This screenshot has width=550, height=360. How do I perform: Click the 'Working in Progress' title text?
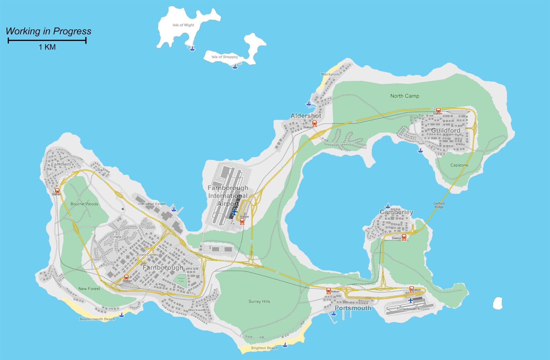pyautogui.click(x=48, y=31)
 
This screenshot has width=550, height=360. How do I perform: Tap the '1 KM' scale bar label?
pyautogui.click(x=47, y=47)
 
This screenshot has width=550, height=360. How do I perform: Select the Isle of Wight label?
pyautogui.click(x=183, y=25)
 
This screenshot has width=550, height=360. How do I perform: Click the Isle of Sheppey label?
pyautogui.click(x=225, y=57)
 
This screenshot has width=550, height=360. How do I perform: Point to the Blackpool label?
pyautogui.click(x=329, y=74)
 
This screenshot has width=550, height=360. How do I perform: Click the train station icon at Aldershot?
pyautogui.click(x=315, y=124)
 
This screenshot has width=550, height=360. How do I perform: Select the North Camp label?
pyautogui.click(x=404, y=96)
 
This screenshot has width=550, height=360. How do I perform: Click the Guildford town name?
pyautogui.click(x=445, y=131)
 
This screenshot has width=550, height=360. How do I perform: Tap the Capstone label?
pyautogui.click(x=459, y=165)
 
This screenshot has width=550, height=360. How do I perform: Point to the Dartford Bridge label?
pyautogui.click(x=439, y=205)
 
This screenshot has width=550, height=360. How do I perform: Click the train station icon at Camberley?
pyautogui.click(x=404, y=237)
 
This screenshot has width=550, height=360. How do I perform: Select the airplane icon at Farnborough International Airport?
pyautogui.click(x=234, y=212)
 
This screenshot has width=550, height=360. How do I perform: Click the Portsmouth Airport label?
pyautogui.click(x=413, y=309)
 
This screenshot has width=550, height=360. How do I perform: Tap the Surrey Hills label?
pyautogui.click(x=259, y=301)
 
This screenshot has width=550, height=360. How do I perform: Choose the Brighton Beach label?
pyautogui.click(x=264, y=348)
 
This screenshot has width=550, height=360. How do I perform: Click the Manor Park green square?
pyautogui.click(x=181, y=281)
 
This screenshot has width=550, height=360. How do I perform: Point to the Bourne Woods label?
pyautogui.click(x=84, y=204)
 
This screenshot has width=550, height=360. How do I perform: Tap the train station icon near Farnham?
pyautogui.click(x=57, y=191)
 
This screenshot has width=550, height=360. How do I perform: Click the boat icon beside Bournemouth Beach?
pyautogui.click(x=122, y=315)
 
